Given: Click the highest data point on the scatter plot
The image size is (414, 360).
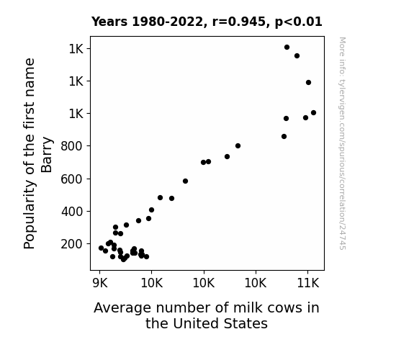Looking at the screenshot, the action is point(287,48).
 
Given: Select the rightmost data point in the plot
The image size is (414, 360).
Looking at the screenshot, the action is point(313,113).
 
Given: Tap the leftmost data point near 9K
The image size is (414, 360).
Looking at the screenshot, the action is point(101,248).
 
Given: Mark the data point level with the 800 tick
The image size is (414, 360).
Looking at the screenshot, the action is point(238,145).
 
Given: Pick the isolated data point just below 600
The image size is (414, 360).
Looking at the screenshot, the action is point(185,181).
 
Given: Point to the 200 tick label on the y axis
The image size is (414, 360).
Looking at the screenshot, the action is point(72,244).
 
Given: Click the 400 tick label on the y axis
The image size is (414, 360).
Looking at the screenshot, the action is point(72,212).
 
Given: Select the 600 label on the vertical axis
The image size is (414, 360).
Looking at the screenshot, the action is point(72,179).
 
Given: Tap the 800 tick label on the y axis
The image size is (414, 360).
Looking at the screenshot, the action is point(72,146).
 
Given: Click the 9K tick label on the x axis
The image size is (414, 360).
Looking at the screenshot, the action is point(100,283).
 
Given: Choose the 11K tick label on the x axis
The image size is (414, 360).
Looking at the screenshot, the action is point(308,283).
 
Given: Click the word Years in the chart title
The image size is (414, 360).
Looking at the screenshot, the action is point(109,22).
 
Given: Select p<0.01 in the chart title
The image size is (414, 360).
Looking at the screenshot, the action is point(299,22).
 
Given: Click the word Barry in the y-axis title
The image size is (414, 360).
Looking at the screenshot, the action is point(47,155).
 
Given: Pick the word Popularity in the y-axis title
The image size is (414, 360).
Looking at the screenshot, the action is point(29,215).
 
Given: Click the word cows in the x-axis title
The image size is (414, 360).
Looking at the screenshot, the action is point(284,308).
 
